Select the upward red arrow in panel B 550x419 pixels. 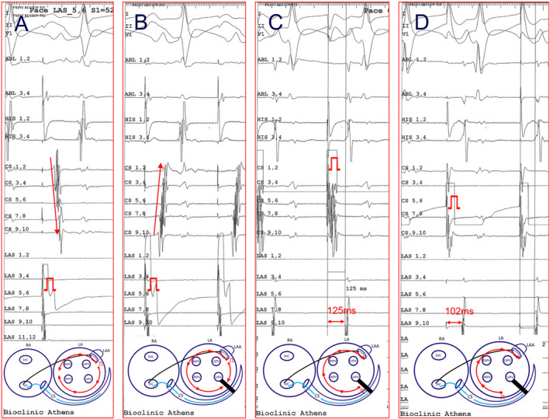point(158,198)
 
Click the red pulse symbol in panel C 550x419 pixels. point(334,164)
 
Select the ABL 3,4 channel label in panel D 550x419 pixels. point(415,94)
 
